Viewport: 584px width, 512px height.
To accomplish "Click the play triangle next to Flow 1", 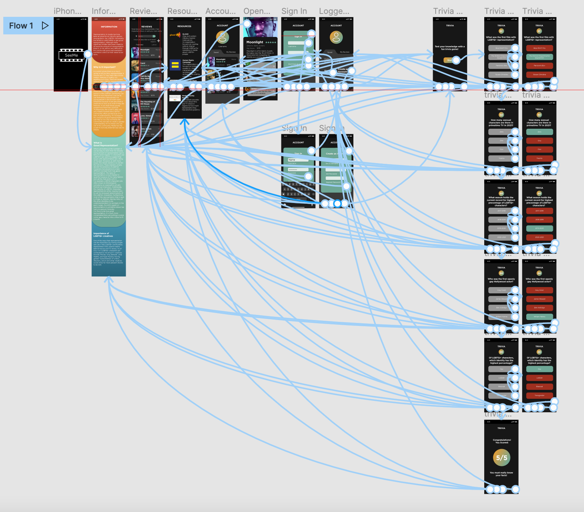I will pos(45,26).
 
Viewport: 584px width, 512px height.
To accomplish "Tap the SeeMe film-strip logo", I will pos(72,55).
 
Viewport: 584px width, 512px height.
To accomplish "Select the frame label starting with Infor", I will pos(103,11).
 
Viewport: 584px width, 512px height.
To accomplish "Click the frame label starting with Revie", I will pos(143,11).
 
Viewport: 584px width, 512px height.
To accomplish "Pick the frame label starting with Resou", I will pos(182,11).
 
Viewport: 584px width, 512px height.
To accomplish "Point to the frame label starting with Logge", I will pos(334,11).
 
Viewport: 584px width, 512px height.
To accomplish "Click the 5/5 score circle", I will pos(501,458).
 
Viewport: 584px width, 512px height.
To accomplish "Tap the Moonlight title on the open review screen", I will pos(255,42).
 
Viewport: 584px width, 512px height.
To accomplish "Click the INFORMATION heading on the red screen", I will pos(109,27).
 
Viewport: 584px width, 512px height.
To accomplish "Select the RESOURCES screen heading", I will pos(184,26).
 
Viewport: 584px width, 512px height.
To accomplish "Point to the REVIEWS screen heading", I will pos(147,27).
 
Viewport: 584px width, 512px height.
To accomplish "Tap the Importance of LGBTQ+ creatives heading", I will pos(103,235).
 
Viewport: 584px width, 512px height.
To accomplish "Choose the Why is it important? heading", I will pos(105,67).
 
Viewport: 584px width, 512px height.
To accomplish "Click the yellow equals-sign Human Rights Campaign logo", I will pos(175,65).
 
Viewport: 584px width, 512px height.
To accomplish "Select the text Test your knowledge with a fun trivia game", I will pos(450,48).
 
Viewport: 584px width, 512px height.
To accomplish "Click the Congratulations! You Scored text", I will pos(502,441).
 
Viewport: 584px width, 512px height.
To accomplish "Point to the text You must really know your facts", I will pos(501,474).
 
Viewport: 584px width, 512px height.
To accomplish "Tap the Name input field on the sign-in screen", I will pos(298,160).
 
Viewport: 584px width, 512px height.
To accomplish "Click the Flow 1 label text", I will pos(21,26).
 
